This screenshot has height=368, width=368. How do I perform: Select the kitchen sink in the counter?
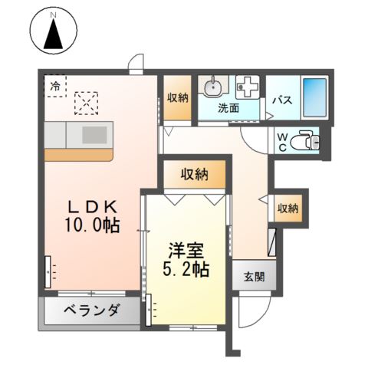click(x=95, y=135)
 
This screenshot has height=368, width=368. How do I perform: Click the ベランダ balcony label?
click(x=90, y=311)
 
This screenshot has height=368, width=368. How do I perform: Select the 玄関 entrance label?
click(x=255, y=278)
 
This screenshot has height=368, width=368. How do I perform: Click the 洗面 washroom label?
click(x=228, y=109)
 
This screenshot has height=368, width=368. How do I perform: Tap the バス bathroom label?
click(x=281, y=100)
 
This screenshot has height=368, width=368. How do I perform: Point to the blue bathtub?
click(x=314, y=97)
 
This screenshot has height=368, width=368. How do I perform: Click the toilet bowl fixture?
click(x=307, y=141)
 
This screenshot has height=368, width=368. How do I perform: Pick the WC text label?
click(x=282, y=142)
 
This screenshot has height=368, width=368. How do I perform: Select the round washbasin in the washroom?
click(x=212, y=87)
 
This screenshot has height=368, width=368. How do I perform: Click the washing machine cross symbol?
click(x=248, y=87)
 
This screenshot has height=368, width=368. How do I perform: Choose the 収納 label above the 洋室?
click(x=195, y=175)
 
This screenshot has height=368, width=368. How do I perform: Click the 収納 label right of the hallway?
click(x=288, y=208)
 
